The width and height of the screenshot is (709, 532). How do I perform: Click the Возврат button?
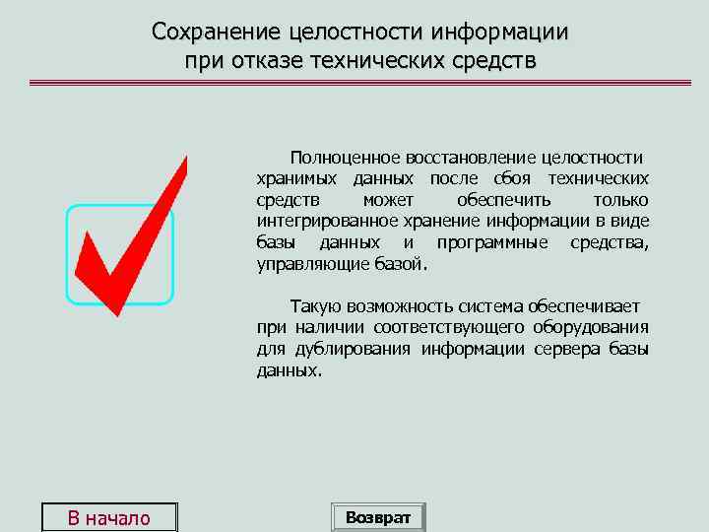coord(378,517)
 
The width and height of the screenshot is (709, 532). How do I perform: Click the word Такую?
coord(312,306)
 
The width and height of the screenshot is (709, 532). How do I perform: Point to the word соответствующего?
coord(435,328)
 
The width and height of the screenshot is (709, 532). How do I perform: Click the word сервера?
coord(566,350)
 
